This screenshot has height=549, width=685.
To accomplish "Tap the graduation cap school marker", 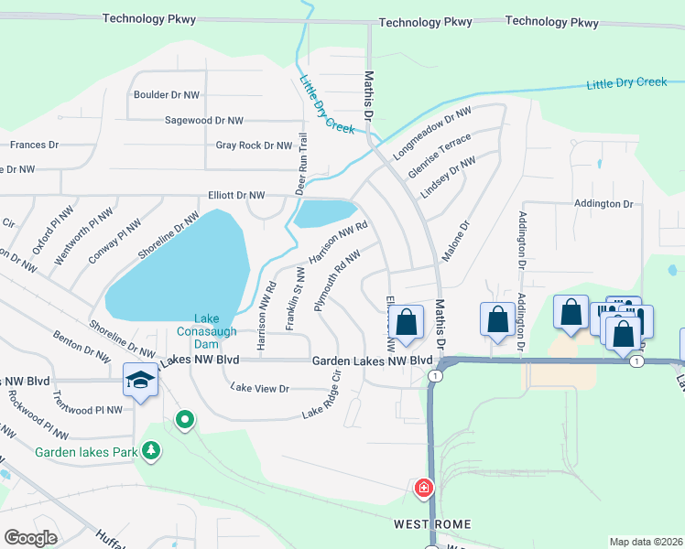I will click(140, 379).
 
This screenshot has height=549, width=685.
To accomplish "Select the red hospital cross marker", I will click(424, 488).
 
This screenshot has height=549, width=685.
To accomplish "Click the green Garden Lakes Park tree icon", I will click(152, 451).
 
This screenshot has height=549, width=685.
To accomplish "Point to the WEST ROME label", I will click(432, 524).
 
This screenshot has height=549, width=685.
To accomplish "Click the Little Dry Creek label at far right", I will click(626, 83).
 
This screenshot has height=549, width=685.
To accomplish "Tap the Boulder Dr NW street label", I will click(167, 94).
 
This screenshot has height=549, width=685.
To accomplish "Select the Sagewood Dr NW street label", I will click(203, 120).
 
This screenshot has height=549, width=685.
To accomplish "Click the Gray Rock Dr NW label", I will click(246, 145).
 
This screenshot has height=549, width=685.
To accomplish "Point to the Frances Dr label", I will click(34, 145).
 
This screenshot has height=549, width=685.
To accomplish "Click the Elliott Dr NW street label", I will click(235, 195).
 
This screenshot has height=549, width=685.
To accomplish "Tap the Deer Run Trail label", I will click(300, 163).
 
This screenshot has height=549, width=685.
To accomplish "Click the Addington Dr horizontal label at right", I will click(603, 203).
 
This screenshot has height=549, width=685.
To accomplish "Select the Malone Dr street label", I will click(456, 240).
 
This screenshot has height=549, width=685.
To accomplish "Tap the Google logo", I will click(31, 538).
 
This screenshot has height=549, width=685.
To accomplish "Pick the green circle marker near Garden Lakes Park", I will click(185, 420).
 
